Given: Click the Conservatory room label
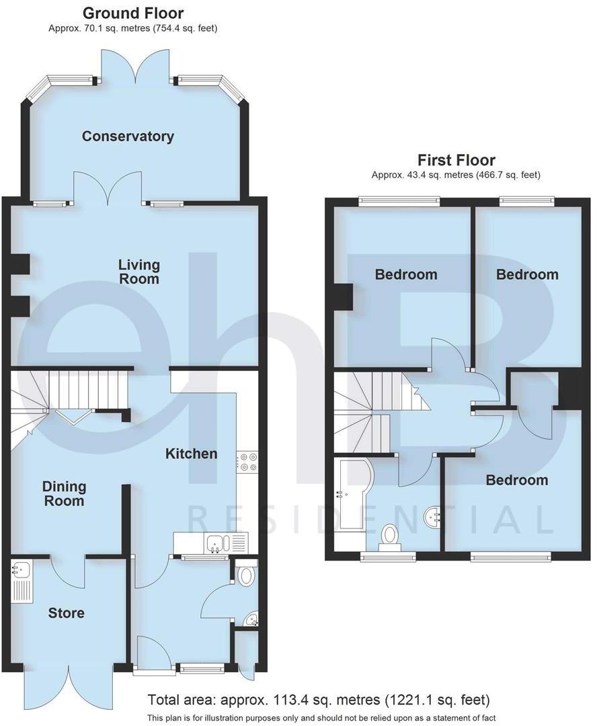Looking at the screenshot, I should (x=128, y=136).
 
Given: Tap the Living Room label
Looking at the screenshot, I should (x=138, y=271).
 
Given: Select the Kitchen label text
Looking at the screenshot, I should (x=192, y=454).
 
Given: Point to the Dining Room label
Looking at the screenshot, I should (x=64, y=493).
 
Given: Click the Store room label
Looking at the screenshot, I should (x=67, y=613).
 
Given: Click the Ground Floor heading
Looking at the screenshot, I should (x=132, y=13).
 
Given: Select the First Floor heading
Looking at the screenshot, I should (x=456, y=160).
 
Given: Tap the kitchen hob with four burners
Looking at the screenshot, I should (x=246, y=463).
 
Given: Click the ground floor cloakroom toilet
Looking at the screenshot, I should (x=247, y=575).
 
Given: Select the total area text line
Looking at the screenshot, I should (x=319, y=699).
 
